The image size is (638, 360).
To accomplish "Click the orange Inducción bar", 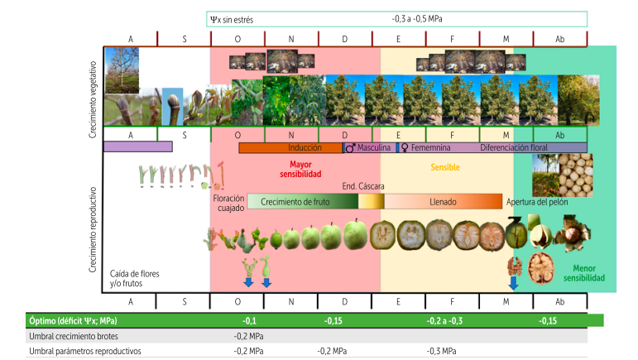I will click(x=290, y=147).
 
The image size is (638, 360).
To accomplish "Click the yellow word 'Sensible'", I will click(x=445, y=166).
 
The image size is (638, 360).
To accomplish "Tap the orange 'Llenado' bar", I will click(x=443, y=201).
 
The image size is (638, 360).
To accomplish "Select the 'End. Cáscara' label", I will click(x=362, y=186).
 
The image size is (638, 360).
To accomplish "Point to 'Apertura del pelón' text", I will click(x=543, y=201).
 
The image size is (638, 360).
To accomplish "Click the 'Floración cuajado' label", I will click(x=229, y=204).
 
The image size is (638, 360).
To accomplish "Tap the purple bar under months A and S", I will click(x=137, y=146).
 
